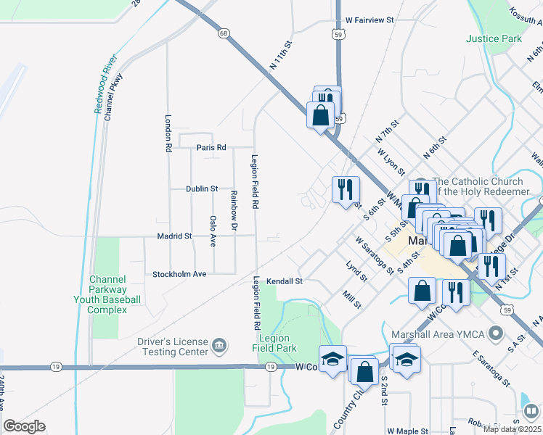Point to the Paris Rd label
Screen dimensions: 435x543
click(x=211, y=148)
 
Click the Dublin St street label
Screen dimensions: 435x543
click(x=202, y=188)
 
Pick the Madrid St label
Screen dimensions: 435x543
click(x=174, y=236)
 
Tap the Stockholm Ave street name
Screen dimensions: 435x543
click(x=179, y=274)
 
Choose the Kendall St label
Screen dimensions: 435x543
click(x=283, y=281)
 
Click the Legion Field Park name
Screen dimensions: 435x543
click(x=275, y=344)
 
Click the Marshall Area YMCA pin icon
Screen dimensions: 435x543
click(x=496, y=333)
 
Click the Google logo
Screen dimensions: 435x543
click(x=24, y=426)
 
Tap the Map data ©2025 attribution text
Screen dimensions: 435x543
click(x=511, y=429)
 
